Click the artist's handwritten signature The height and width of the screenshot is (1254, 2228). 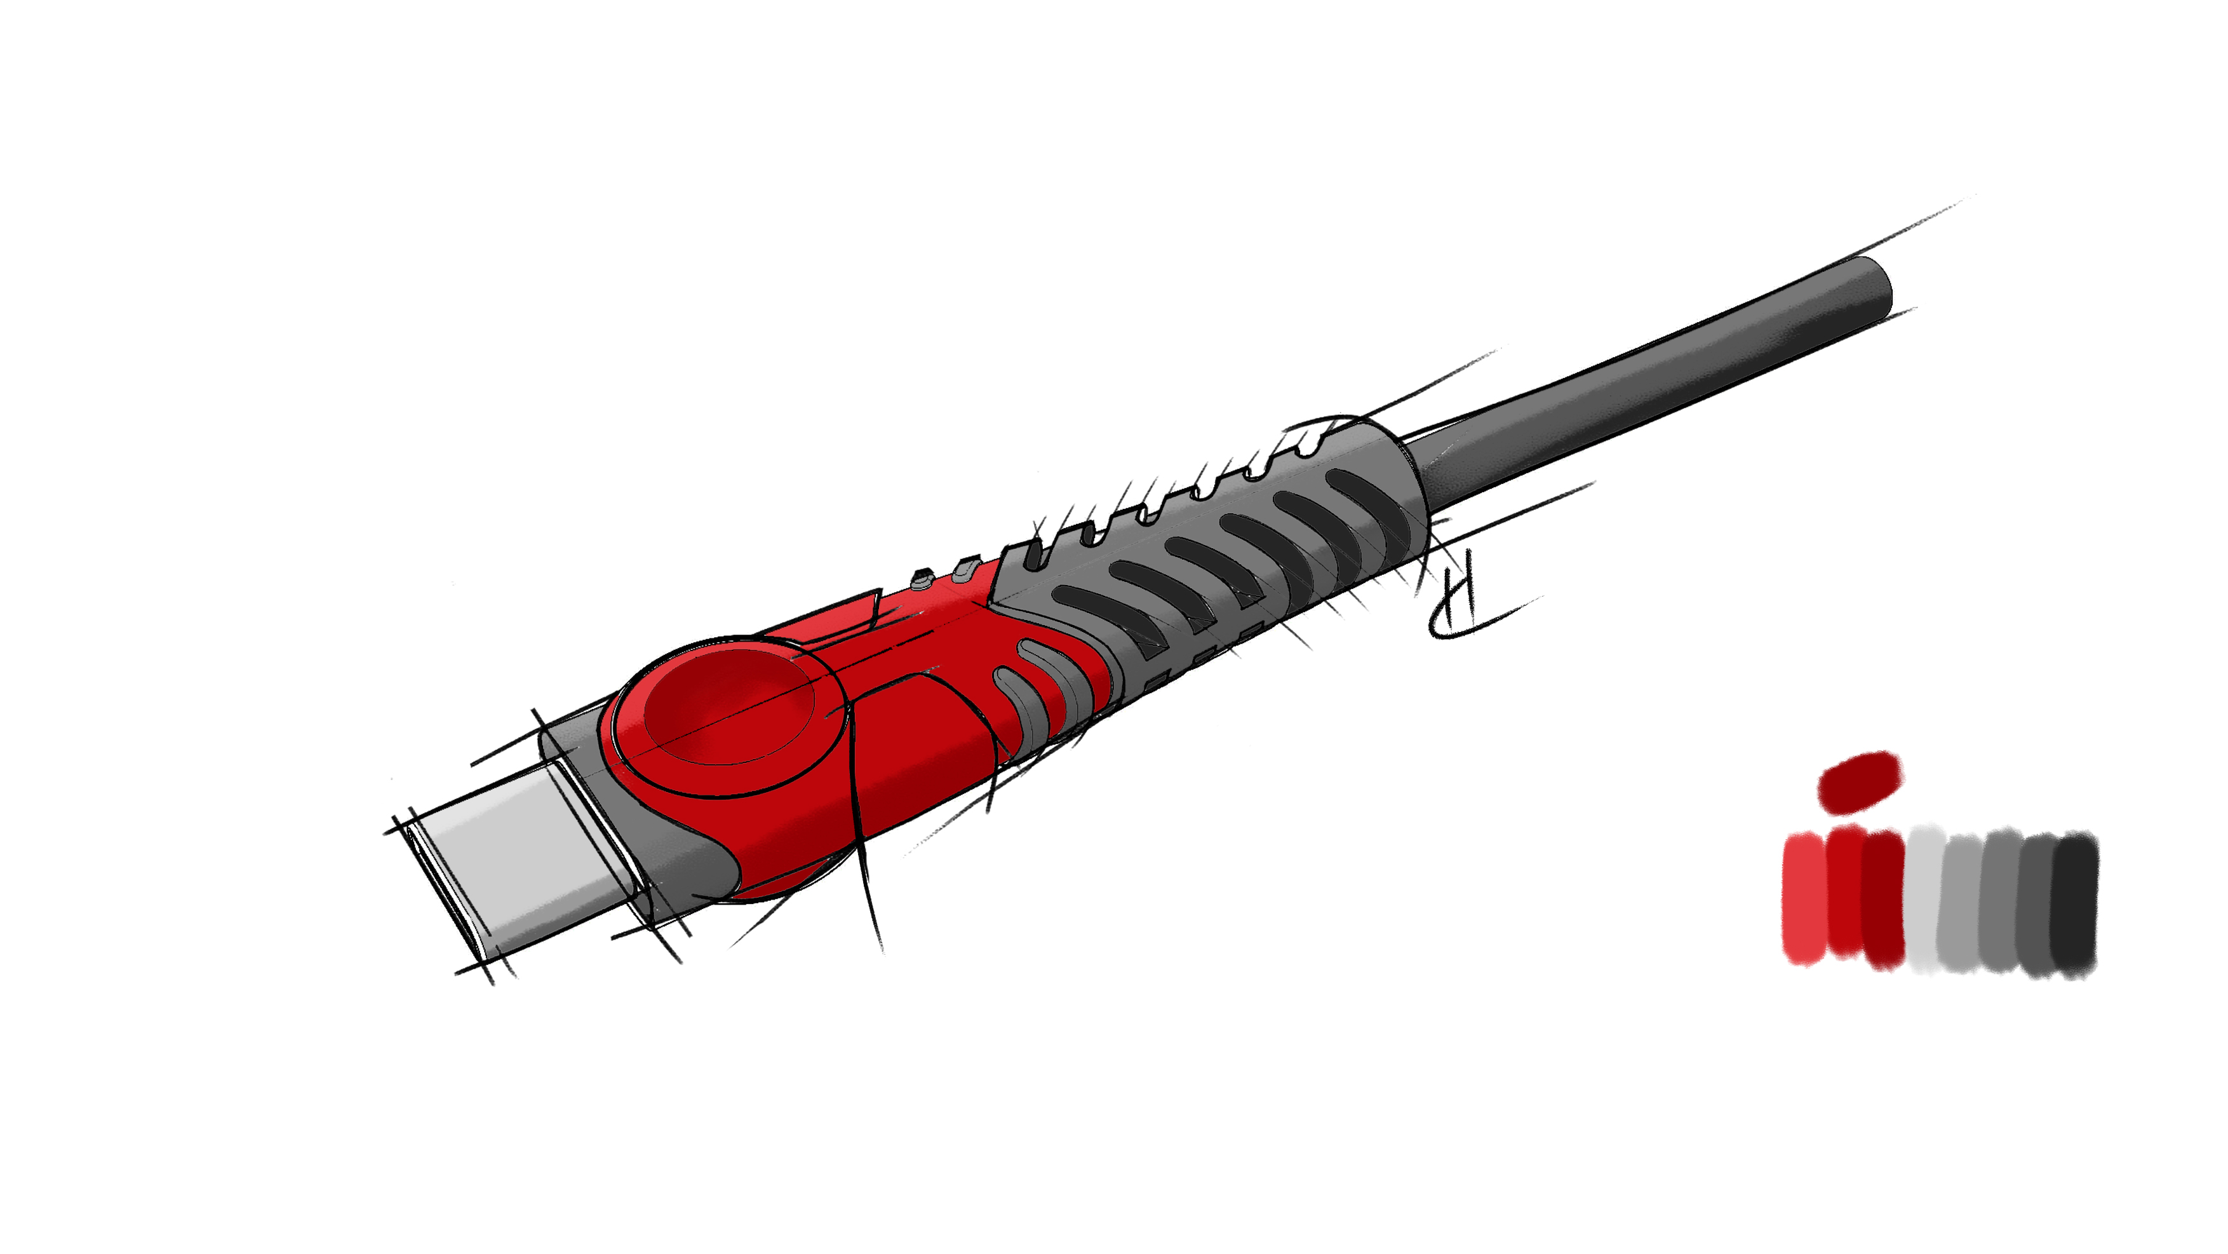(1461, 605)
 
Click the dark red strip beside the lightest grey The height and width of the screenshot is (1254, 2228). (1884, 900)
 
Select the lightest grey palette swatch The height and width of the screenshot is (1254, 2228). (1924, 900)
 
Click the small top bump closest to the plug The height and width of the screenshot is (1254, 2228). (923, 579)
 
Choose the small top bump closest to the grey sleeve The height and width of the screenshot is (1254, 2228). (964, 568)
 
